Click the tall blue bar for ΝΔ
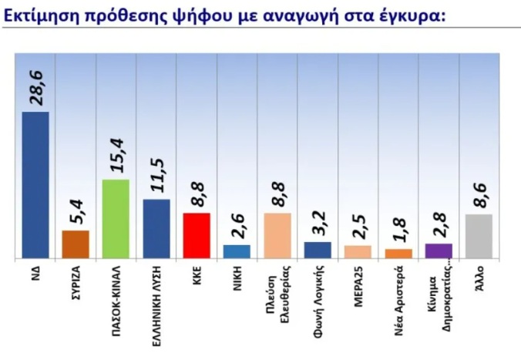coord(35,185)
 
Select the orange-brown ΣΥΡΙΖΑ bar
coord(76,244)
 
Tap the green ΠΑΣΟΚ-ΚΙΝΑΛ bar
coord(116,219)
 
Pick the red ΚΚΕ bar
coord(197,235)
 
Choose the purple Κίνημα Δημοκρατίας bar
coord(439,251)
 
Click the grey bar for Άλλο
coord(479,236)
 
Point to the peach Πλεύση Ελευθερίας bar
coord(277,235)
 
